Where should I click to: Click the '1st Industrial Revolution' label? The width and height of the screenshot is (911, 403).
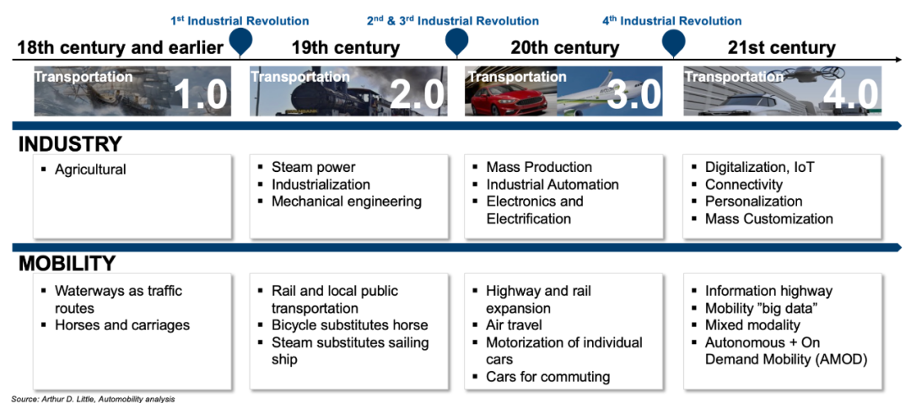coord(240,21)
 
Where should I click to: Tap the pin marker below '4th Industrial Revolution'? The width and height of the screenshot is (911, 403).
coord(673,42)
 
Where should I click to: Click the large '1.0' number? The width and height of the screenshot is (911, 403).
coord(201,94)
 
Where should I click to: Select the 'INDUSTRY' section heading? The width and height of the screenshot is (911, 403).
coord(70,143)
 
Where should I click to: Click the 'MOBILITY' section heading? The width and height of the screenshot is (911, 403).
coord(67,263)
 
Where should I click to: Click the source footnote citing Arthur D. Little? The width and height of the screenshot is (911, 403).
coord(93,399)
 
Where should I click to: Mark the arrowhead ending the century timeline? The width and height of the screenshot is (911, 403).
coord(898,60)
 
